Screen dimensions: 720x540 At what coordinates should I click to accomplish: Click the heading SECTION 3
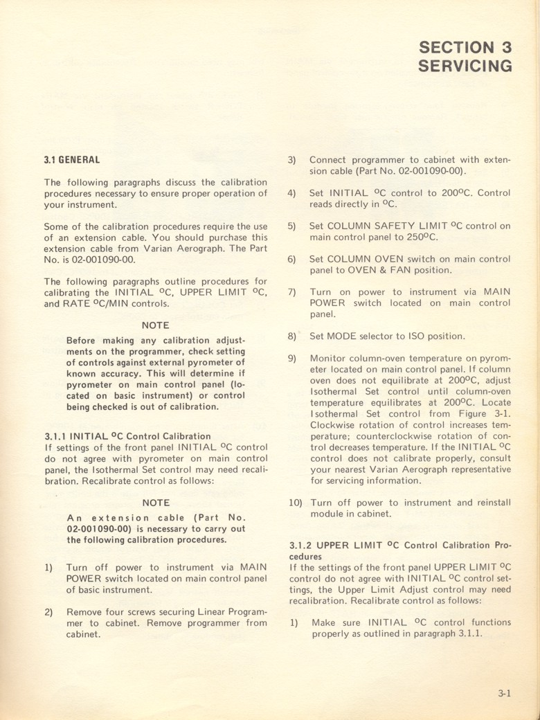465,47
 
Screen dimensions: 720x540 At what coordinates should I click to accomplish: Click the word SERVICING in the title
465,66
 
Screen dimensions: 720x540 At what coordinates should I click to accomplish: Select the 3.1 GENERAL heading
72,160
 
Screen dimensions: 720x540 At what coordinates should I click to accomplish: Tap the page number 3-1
503,693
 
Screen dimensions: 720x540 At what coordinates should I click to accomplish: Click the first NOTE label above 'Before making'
155,325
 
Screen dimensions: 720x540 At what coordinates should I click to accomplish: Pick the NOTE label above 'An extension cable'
155,503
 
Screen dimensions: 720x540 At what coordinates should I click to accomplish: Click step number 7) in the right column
292,292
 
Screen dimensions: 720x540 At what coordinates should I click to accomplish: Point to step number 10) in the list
294,503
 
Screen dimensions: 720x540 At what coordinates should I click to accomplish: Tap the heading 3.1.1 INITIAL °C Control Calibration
127,436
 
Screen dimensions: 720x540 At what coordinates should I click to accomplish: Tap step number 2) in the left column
49,612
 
